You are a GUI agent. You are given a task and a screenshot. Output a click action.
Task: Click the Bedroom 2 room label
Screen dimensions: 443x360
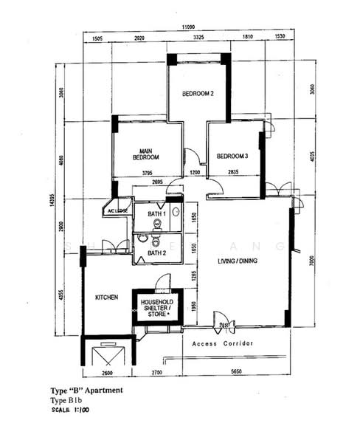pos(198,94)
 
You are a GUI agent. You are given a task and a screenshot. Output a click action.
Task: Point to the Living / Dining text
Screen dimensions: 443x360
pos(241,262)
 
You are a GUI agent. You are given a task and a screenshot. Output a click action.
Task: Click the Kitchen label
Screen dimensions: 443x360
pos(106,297)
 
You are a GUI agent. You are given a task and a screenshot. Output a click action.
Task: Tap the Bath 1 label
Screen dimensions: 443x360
pos(156,214)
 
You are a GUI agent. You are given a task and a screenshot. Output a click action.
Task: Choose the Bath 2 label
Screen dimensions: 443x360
pos(156,253)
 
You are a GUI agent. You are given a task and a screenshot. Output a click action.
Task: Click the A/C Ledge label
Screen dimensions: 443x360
pos(118,210)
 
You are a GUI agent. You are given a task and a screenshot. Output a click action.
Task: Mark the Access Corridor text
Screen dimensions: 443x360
pos(223,344)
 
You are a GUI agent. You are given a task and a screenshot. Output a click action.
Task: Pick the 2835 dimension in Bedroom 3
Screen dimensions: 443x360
pos(232,173)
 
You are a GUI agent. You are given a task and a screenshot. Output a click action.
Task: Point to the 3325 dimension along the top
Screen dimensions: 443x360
pos(198,36)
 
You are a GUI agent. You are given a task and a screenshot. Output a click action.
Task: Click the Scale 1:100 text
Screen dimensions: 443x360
pos(66,410)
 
